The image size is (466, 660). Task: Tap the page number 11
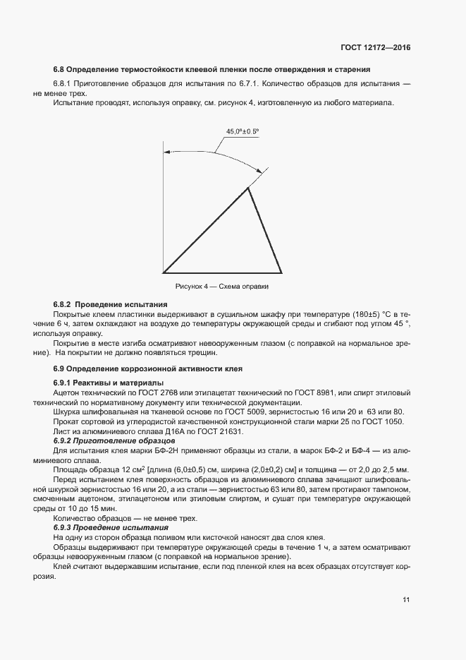coord(406,600)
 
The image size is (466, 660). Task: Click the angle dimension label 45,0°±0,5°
coord(243,131)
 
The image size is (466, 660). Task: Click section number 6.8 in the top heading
coord(59,69)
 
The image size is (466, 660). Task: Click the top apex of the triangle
coord(249,187)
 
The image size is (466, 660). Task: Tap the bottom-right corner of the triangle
coord(282,272)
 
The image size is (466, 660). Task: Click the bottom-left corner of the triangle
coord(164,272)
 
